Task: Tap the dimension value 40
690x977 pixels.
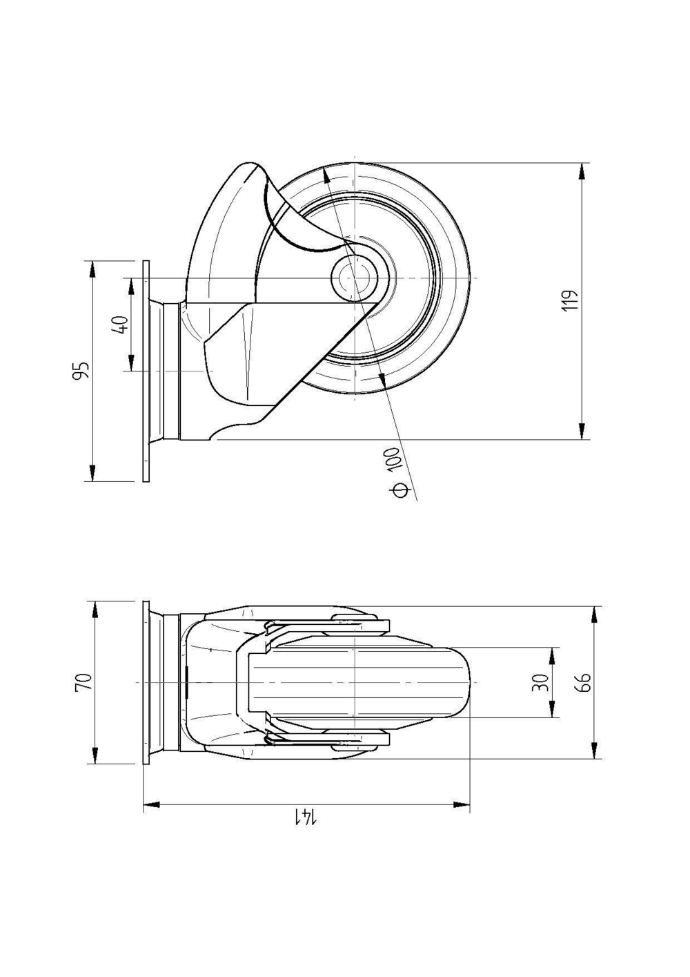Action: (119, 325)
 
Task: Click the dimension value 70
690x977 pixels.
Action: (82, 682)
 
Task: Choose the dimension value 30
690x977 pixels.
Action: (542, 682)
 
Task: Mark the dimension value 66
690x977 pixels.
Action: (584, 682)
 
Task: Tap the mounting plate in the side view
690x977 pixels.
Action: (146, 371)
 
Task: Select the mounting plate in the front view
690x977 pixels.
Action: (146, 682)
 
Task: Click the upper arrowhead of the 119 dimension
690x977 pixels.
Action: (583, 172)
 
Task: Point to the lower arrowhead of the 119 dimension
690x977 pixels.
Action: (583, 431)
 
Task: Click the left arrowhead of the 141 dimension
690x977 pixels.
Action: (152, 804)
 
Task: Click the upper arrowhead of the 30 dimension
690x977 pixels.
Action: (552, 656)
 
